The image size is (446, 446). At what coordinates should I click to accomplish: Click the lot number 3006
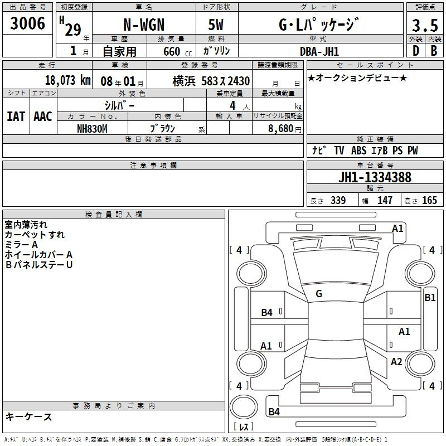pyautogui.click(x=27, y=23)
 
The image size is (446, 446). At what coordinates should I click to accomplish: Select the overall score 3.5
pyautogui.click(x=425, y=25)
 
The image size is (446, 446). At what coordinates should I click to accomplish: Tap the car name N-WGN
pyautogui.click(x=144, y=25)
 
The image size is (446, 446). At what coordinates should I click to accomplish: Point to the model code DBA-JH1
pyautogui.click(x=319, y=51)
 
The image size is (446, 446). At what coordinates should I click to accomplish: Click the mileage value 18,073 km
pyautogui.click(x=67, y=80)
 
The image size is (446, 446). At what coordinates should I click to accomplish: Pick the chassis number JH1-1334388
pyautogui.click(x=375, y=177)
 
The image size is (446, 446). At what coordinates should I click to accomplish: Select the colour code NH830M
pyautogui.click(x=92, y=129)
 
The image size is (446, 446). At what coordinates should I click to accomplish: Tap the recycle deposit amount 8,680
pyautogui.click(x=281, y=129)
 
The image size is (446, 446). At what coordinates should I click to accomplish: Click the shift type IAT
pyautogui.click(x=16, y=117)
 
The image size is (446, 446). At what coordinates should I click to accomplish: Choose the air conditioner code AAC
pyautogui.click(x=43, y=117)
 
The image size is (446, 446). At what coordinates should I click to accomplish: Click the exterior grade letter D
pyautogui.click(x=416, y=51)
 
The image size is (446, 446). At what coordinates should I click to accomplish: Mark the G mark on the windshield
pyautogui.click(x=319, y=294)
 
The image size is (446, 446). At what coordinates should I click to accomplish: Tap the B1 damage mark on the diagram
pyautogui.click(x=430, y=298)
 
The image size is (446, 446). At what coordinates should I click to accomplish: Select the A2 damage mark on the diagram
pyautogui.click(x=396, y=362)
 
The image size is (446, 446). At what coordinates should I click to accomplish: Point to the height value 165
pyautogui.click(x=429, y=200)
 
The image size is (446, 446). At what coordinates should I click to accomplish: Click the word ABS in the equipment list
pyautogui.click(x=358, y=151)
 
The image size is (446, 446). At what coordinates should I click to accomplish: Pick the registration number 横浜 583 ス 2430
pyautogui.click(x=211, y=81)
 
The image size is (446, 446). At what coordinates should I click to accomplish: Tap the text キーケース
pyautogui.click(x=29, y=416)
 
